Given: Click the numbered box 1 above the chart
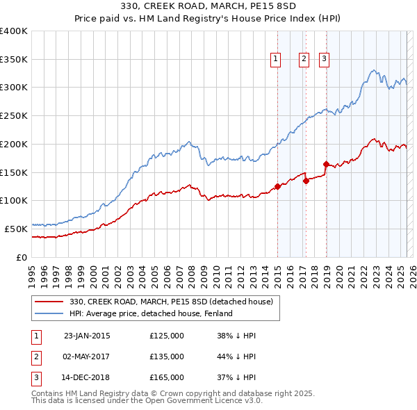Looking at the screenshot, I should [276, 60].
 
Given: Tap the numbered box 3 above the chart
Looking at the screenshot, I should [325, 60].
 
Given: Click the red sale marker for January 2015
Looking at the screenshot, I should [277, 186].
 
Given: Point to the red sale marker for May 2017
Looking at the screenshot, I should [306, 181].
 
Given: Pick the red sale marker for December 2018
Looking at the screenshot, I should [326, 164].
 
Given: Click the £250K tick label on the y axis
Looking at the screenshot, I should [14, 115].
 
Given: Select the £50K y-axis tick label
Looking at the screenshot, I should [17, 229].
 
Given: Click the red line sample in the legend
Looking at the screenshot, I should [49, 302].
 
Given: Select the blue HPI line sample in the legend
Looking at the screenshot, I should [49, 313].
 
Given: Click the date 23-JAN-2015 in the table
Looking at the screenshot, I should [87, 336].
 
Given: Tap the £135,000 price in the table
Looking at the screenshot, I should [167, 356].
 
